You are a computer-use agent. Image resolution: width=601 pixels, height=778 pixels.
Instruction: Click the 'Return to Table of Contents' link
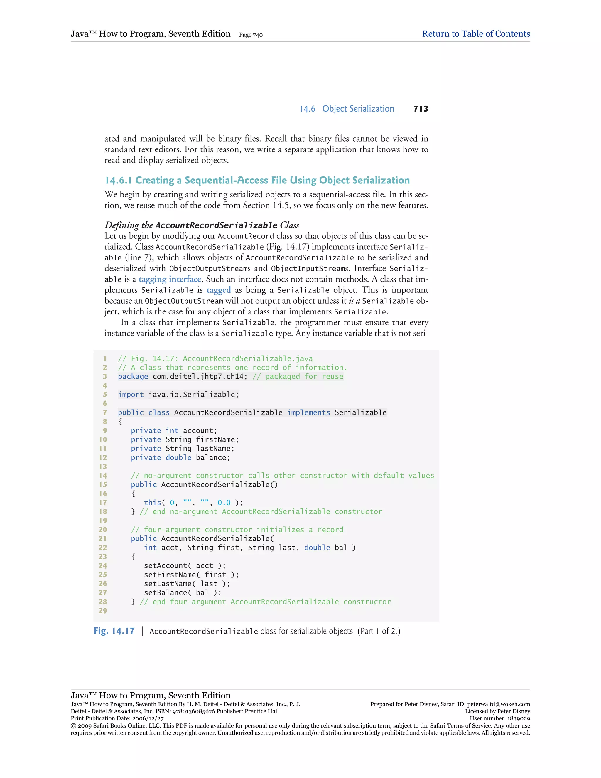476,34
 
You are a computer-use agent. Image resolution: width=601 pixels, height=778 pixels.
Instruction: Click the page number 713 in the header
421,109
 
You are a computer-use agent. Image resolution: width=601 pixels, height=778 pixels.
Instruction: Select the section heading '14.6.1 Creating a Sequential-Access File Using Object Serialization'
257,180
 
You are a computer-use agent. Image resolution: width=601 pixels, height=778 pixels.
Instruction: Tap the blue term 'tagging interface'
170,279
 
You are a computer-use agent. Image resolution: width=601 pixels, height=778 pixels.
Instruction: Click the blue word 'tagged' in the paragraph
219,290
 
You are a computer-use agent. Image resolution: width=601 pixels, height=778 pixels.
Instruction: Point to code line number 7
105,412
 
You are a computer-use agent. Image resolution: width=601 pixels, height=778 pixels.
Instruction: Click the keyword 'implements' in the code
309,412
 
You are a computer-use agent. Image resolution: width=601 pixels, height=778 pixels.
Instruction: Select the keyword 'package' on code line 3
133,377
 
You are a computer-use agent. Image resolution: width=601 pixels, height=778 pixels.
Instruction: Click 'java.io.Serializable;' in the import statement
193,395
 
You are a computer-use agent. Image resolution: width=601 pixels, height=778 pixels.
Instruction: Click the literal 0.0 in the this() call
224,503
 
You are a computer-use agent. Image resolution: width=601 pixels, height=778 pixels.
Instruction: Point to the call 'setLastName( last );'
187,584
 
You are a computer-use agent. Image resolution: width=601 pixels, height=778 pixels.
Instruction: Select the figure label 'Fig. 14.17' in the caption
114,631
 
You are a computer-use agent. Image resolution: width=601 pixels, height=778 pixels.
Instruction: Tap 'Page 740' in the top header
251,35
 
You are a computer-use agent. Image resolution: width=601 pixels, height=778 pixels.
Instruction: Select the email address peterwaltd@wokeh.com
499,704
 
